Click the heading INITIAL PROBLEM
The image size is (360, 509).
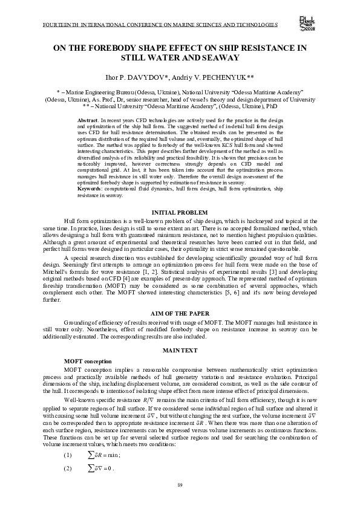click(180, 213)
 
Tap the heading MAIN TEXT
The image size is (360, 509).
click(180, 351)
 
